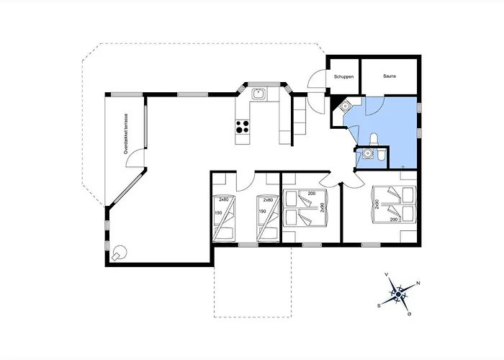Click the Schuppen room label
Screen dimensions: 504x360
point(343,77)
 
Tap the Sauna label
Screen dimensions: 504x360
point(390,76)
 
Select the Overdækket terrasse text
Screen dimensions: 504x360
point(126,134)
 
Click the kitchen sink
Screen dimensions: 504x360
point(258,94)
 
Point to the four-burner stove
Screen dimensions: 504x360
point(243,126)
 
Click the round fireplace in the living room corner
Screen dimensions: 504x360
point(120,253)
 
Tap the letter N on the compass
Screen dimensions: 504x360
point(418,283)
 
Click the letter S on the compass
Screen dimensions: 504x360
point(379,306)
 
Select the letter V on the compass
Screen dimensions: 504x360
point(387,274)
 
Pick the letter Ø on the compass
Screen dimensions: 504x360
point(409,314)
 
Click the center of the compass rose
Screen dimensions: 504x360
point(399,294)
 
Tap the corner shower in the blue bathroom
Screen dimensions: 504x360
point(345,105)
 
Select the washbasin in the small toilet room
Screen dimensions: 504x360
point(366,153)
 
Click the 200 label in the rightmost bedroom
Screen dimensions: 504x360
point(394,220)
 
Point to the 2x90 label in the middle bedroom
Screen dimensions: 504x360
point(322,207)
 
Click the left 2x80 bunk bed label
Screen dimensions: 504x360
point(223,199)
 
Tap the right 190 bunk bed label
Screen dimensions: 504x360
point(262,212)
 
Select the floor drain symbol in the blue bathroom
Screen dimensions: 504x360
point(403,167)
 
